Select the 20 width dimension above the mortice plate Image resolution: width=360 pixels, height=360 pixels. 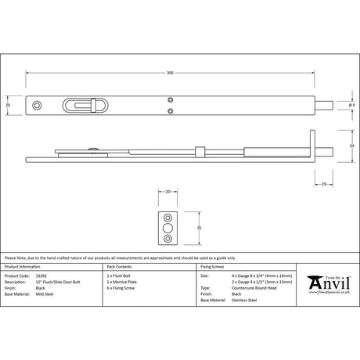167,192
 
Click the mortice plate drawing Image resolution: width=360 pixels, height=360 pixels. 169,228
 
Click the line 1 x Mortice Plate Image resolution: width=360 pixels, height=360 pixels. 121,282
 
